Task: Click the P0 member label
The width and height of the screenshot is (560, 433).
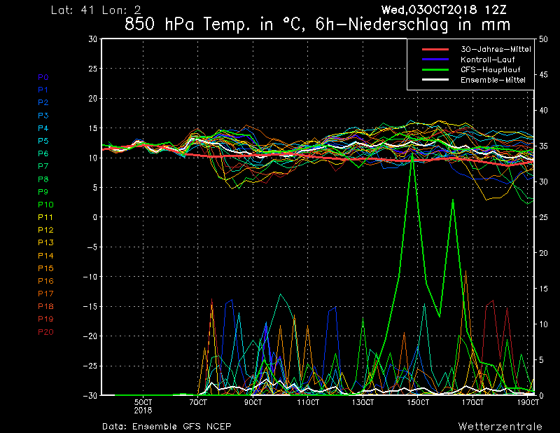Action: pos(43,77)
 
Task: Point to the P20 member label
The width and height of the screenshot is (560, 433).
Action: pos(45,332)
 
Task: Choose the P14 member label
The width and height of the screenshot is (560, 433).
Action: pos(45,256)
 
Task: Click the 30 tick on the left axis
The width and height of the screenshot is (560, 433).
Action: pos(92,39)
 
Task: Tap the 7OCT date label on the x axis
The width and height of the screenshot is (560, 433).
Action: pos(199,403)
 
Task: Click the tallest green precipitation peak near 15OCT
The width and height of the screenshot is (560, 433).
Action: pos(412,152)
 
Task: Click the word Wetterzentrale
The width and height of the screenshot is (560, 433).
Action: pos(500,426)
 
